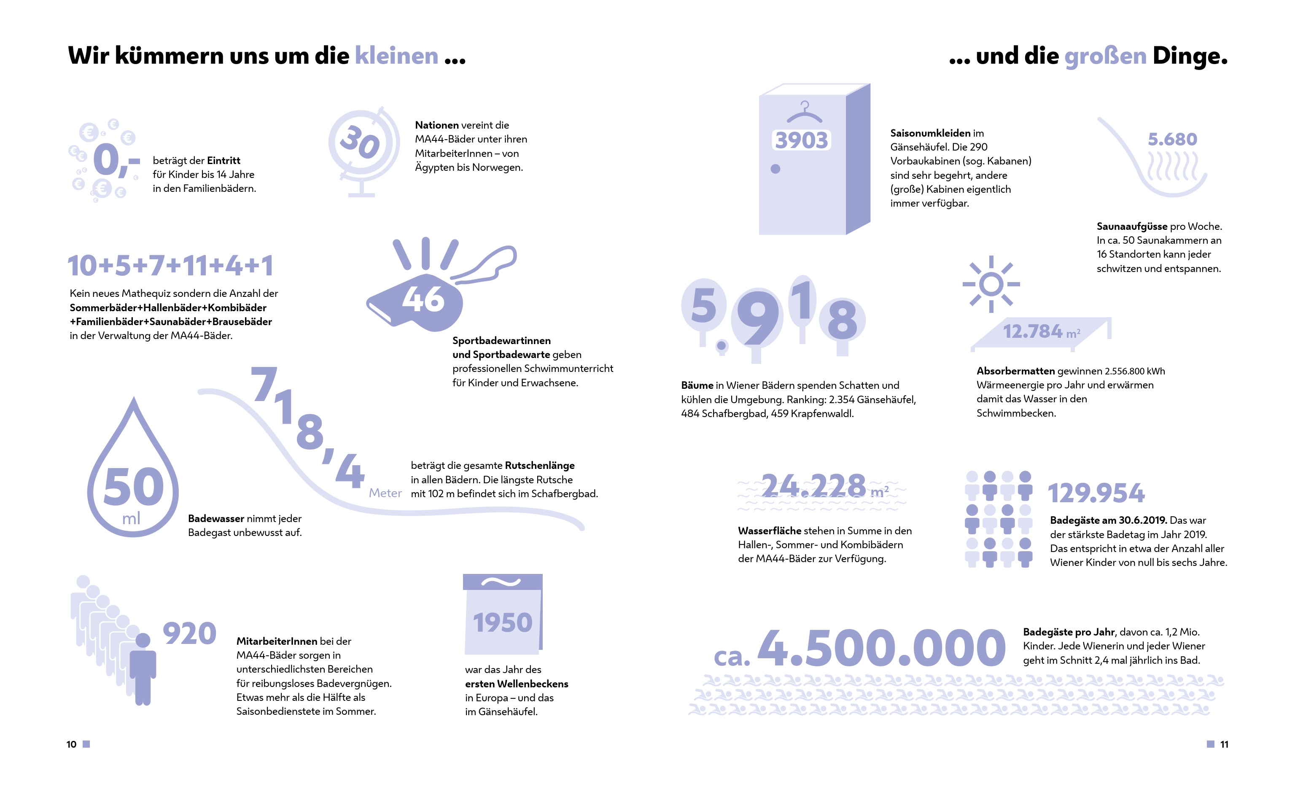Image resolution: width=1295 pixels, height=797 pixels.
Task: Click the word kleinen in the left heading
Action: pos(396,56)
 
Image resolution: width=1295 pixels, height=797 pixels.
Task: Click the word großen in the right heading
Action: pos(1105,56)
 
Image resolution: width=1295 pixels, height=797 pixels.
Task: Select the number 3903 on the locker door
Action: pos(801,140)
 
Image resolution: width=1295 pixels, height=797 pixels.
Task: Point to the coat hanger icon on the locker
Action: pos(804,112)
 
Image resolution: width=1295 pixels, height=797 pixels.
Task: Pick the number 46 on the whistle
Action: pos(423,299)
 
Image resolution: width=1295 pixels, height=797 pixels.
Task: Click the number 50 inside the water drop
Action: pos(133,487)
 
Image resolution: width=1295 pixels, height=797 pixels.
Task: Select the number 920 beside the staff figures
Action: pos(189,633)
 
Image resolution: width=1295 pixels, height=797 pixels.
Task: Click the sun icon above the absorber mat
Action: pos(991,285)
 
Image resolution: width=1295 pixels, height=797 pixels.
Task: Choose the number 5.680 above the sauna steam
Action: pos(1172,139)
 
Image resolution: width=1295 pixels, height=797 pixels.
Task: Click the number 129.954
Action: pos(1096,493)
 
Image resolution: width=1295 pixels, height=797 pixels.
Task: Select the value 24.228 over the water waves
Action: pos(815,485)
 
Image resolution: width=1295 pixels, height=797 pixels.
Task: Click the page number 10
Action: pos(71,744)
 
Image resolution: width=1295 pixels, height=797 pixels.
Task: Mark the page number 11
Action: pos(1224,744)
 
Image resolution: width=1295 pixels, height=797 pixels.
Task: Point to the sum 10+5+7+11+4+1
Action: pos(170,266)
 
